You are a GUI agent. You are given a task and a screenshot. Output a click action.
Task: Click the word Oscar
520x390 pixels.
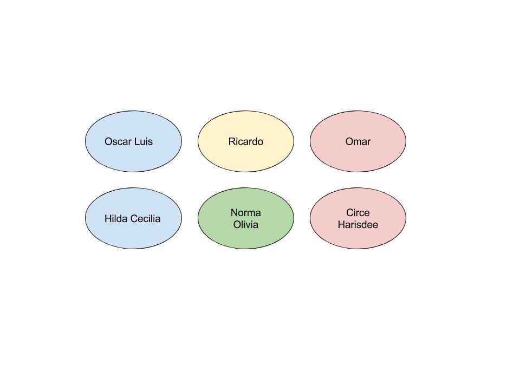click(x=118, y=141)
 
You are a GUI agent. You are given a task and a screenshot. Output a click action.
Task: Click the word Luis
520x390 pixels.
click(x=143, y=141)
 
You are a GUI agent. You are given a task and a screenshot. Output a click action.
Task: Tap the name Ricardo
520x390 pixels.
click(x=245, y=141)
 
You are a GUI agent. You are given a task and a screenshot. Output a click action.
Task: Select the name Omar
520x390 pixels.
click(x=357, y=141)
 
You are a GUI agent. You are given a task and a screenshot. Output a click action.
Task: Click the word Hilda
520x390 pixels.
click(x=116, y=219)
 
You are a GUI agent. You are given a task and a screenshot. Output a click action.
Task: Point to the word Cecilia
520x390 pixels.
click(x=145, y=219)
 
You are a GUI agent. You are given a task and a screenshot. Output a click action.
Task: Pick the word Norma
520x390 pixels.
click(x=245, y=213)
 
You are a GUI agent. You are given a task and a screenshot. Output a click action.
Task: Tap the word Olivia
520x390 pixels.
click(x=245, y=225)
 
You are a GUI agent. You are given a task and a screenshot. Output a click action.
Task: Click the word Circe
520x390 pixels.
click(x=357, y=213)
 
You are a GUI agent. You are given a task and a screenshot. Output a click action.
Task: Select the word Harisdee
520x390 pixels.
click(x=357, y=225)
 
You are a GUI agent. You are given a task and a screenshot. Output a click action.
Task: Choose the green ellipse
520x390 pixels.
click(x=245, y=238)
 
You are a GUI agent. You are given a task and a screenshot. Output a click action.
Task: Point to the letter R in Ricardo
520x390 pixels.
click(x=232, y=141)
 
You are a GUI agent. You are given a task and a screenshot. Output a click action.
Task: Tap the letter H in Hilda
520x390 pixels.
click(x=108, y=219)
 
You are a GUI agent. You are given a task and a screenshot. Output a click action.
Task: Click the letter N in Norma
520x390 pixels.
click(x=234, y=213)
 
